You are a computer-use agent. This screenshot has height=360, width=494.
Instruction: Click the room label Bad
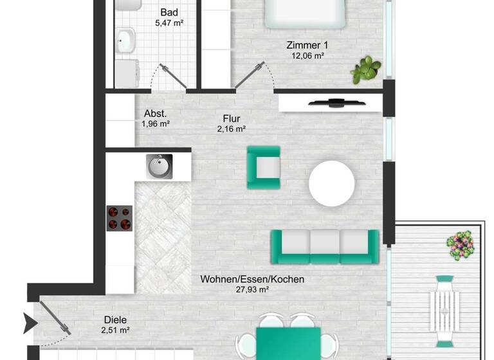click(170, 12)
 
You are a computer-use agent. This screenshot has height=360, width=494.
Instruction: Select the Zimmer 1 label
click(307, 45)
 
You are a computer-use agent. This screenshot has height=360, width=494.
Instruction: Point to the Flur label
click(232, 118)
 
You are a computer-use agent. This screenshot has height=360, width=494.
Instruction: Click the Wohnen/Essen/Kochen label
click(252, 280)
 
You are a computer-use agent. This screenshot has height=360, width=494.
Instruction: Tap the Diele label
click(116, 319)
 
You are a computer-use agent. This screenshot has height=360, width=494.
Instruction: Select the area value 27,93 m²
click(252, 290)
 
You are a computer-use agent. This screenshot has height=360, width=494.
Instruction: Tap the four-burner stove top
click(119, 218)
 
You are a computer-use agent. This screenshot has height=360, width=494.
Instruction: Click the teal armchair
click(264, 167)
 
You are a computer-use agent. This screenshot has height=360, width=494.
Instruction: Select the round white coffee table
click(331, 183)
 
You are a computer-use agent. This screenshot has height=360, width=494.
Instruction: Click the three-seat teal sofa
click(324, 246)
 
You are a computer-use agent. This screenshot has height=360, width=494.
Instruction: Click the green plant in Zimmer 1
click(365, 69)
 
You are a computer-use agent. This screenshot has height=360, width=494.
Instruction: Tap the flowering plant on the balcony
click(461, 244)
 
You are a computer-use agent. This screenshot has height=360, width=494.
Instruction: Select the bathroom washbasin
click(125, 42)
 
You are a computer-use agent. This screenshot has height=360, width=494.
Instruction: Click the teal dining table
click(288, 344)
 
